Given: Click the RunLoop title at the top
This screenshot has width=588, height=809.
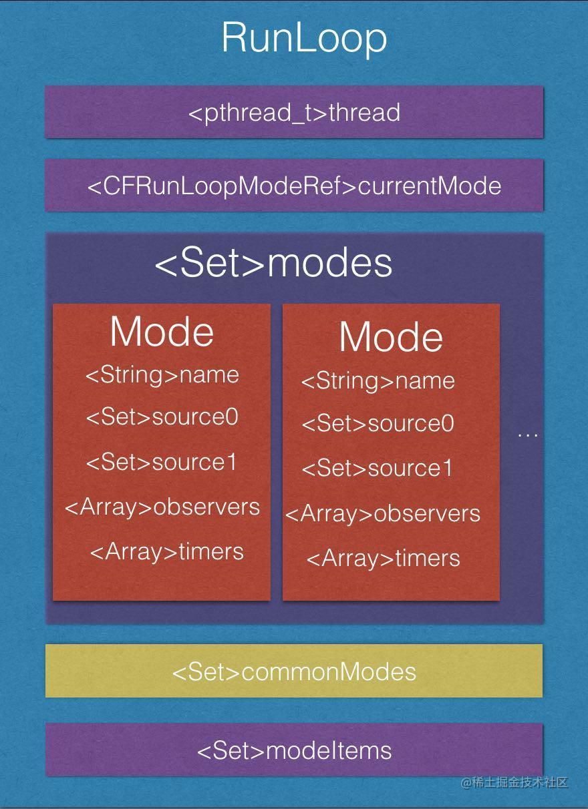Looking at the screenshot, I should click(304, 38).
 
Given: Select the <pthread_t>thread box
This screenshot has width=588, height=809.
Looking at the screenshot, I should click(294, 112).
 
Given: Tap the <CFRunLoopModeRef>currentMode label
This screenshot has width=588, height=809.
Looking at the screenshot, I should click(294, 186).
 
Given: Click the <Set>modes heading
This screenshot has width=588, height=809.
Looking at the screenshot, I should click(273, 263).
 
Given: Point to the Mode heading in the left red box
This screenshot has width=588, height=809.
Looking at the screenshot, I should click(162, 331).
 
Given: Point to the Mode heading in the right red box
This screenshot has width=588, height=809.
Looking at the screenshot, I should click(391, 337).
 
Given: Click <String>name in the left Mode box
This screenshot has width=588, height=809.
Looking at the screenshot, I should click(162, 374).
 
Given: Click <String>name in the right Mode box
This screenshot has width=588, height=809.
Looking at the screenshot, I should click(378, 381).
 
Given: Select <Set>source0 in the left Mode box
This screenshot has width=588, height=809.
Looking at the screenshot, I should click(162, 417).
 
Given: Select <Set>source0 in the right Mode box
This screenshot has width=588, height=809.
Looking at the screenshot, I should click(378, 424).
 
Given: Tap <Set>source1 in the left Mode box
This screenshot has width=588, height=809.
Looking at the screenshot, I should click(162, 462).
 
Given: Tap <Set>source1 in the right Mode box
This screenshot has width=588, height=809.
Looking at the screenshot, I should click(377, 469).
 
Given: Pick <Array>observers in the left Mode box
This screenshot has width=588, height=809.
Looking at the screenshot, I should click(162, 507).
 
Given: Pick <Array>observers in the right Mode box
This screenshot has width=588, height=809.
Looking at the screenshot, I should click(383, 513).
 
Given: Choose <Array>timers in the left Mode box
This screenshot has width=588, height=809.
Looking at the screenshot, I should click(166, 551).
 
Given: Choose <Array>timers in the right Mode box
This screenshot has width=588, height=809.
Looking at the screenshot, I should click(383, 558).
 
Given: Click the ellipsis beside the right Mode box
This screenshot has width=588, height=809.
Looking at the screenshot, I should click(528, 435).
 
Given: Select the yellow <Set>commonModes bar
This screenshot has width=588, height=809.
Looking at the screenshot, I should click(294, 671).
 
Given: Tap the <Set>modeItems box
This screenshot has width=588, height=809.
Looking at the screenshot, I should click(294, 750).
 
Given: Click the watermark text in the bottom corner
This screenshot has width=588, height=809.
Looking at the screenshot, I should click(514, 782).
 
